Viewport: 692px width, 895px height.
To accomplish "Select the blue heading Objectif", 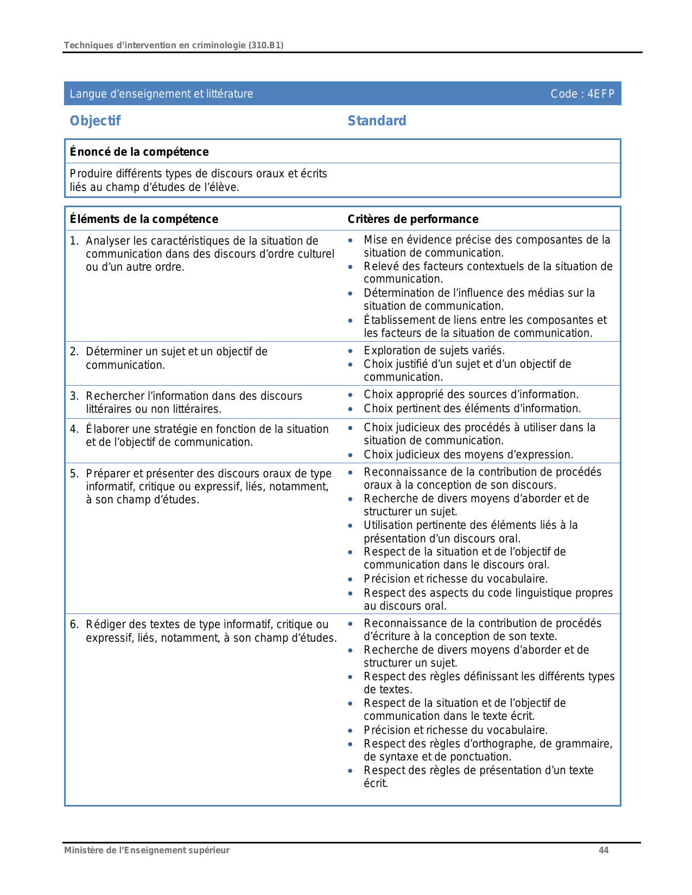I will pyautogui.click(x=95, y=120).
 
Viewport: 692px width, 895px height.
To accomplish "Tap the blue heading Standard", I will pyautogui.click(x=377, y=120).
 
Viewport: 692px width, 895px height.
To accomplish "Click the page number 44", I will pyautogui.click(x=604, y=850).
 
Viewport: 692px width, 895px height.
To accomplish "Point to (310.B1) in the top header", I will pyautogui.click(x=266, y=45).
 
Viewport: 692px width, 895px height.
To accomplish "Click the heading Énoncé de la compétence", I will pyautogui.click(x=139, y=152).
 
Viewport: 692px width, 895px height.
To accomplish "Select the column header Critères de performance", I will pyautogui.click(x=412, y=219).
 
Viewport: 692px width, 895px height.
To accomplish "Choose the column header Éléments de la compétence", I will pyautogui.click(x=144, y=219).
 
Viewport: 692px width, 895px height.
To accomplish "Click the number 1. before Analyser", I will pyautogui.click(x=74, y=241).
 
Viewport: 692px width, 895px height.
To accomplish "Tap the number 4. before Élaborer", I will pyautogui.click(x=74, y=429).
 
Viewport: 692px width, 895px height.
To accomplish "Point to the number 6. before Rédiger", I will pyautogui.click(x=74, y=624).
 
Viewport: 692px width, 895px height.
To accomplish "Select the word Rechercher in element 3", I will pyautogui.click(x=113, y=396).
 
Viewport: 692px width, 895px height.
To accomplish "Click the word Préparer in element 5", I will pyautogui.click(x=107, y=474).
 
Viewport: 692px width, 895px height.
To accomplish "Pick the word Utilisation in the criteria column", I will pyautogui.click(x=389, y=525).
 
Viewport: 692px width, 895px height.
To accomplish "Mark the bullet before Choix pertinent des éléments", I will pyautogui.click(x=351, y=409).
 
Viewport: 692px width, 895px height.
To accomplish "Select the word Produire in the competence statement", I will pyautogui.click(x=88, y=174).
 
